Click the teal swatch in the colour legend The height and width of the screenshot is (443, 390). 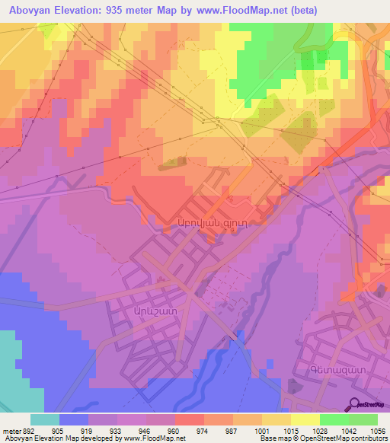tap(45, 419)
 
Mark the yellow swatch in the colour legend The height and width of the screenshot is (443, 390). tap(305, 419)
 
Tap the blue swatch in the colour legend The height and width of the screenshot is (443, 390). tap(74, 419)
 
